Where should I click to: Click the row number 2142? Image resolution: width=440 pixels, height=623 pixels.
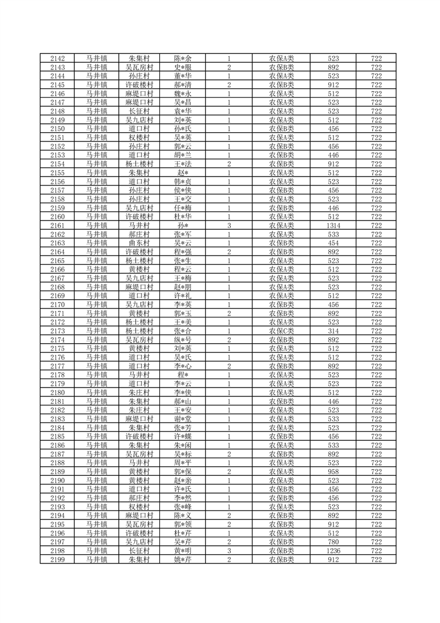[58, 58]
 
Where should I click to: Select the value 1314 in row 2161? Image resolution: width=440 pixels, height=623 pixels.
[333, 225]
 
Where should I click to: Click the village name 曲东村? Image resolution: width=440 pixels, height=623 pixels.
[139, 243]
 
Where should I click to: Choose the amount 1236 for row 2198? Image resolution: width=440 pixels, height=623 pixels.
[333, 550]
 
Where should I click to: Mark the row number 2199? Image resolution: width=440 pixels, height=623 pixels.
[58, 559]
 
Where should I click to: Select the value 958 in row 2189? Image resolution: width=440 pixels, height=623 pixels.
[333, 472]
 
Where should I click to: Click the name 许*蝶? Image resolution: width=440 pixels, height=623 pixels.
[183, 436]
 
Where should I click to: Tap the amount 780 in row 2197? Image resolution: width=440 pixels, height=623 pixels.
[333, 541]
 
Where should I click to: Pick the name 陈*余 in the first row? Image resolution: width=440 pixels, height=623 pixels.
[183, 58]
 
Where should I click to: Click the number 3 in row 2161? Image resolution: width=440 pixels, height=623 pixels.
[229, 225]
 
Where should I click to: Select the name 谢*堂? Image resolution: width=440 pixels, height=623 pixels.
[183, 419]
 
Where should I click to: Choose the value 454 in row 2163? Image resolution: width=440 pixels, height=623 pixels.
[333, 243]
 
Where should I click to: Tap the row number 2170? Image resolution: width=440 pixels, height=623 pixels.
[58, 305]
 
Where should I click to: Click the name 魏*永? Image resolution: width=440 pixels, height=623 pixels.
[183, 94]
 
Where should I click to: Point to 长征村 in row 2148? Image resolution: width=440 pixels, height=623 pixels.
[139, 111]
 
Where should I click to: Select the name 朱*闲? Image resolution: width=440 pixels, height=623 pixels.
[183, 445]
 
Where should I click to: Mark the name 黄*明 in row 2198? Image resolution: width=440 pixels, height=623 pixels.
[183, 550]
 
